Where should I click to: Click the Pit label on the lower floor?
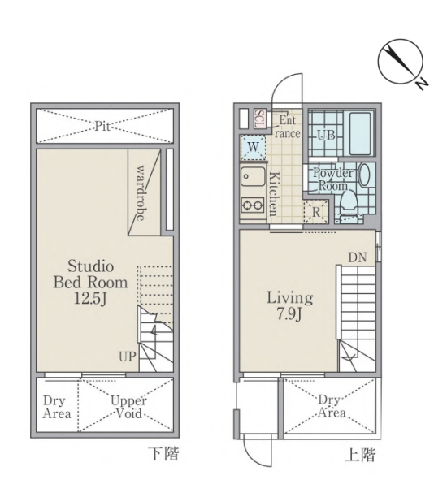(102, 127)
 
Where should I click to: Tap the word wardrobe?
(141, 192)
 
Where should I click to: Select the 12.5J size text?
(90, 298)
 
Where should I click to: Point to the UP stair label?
(128, 357)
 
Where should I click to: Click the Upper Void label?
(128, 408)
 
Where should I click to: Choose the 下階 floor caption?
(163, 454)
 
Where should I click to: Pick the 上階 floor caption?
(360, 455)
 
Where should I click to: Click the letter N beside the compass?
(422, 84)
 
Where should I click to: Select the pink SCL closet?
(260, 119)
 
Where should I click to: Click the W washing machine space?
(253, 147)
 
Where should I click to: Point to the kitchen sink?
(253, 176)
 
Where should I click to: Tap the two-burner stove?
(253, 205)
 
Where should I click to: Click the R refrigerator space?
(316, 212)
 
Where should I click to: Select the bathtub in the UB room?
(360, 133)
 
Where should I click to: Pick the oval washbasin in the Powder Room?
(364, 175)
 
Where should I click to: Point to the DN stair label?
(358, 257)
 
